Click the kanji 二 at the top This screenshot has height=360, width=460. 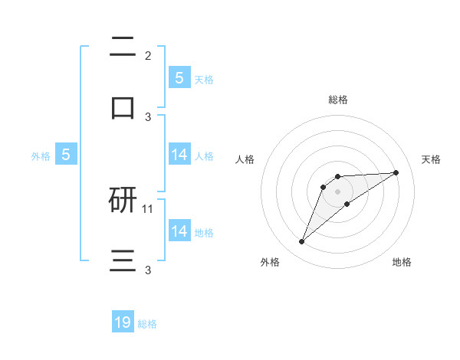click(x=123, y=46)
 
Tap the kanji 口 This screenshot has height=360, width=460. click(x=123, y=107)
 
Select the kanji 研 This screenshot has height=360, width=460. click(x=123, y=201)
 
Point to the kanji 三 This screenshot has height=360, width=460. click(x=123, y=260)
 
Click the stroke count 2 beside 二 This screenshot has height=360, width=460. click(x=148, y=55)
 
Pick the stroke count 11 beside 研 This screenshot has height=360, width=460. click(x=149, y=208)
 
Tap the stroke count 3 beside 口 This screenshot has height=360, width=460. click(x=148, y=116)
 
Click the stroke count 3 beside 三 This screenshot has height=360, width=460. click(x=148, y=270)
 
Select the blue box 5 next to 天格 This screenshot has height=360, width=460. click(x=179, y=77)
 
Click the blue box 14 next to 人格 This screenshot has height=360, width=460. click(x=179, y=154)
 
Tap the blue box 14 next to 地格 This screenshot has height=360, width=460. click(x=179, y=231)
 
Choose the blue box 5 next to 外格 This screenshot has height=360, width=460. click(x=66, y=154)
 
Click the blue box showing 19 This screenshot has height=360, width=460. click(x=123, y=322)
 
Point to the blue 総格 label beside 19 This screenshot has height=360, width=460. click(x=147, y=324)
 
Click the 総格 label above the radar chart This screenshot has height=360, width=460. click(x=337, y=100)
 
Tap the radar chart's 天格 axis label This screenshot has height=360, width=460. click(x=431, y=159)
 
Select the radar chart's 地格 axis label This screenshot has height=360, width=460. click(x=402, y=262)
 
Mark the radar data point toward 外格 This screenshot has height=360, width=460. click(x=301, y=242)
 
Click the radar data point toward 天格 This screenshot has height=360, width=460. click(x=396, y=172)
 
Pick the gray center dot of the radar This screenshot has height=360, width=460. click(x=337, y=191)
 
